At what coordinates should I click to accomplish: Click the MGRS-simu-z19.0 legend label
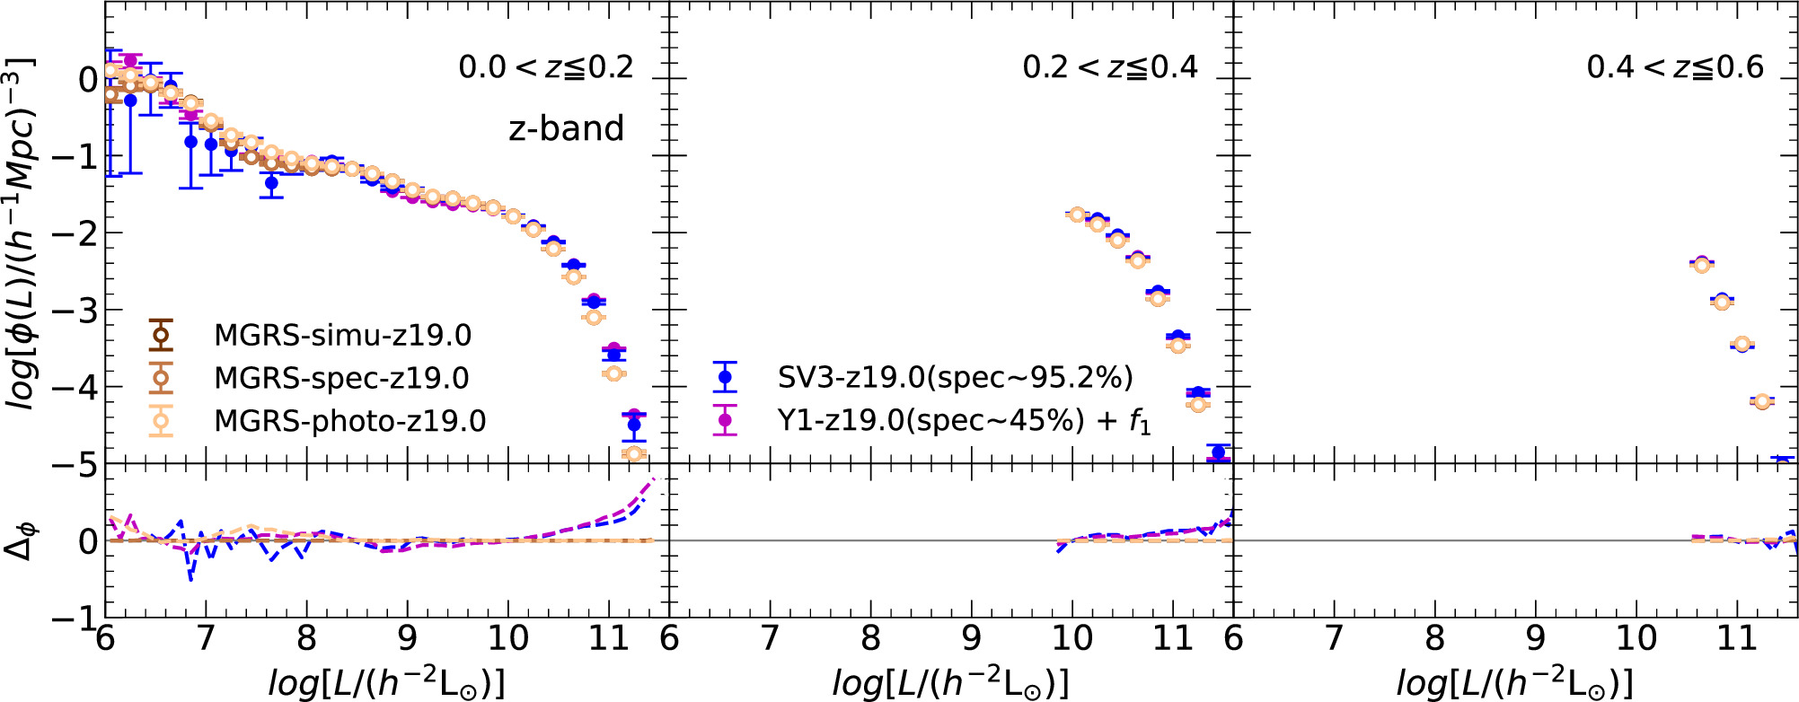tap(342, 335)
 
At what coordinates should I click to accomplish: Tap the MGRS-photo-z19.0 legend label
tap(349, 420)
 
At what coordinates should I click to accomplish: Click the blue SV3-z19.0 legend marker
tap(725, 377)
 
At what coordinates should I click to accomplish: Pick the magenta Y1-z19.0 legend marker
tap(725, 419)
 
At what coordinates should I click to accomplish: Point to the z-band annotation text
tap(566, 128)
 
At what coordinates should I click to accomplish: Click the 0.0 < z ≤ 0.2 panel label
tap(546, 67)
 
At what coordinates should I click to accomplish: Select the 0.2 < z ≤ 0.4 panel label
tap(1110, 67)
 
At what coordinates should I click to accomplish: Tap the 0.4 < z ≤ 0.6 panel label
tap(1675, 67)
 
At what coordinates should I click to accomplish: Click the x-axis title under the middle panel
tap(950, 682)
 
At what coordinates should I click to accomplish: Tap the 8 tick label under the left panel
tap(306, 638)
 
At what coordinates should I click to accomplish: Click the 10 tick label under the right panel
tap(1636, 638)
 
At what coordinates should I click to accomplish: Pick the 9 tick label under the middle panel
tap(971, 638)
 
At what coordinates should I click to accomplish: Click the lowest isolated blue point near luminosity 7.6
tap(271, 183)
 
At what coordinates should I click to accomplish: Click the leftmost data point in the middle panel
tap(1077, 215)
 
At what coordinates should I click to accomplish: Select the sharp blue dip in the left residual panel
tap(190, 578)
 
